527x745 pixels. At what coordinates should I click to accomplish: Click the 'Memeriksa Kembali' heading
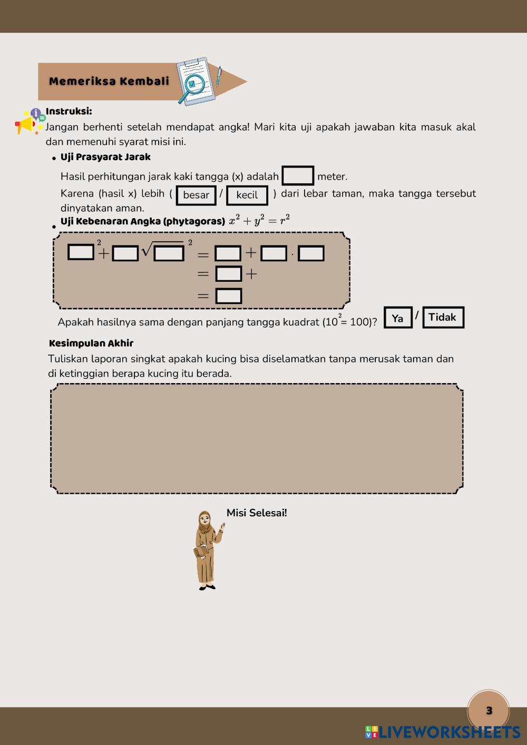click(109, 81)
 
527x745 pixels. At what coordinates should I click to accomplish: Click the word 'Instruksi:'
click(69, 111)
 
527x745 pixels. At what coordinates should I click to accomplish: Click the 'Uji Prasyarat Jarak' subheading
click(105, 157)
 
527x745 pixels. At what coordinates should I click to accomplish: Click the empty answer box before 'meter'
click(298, 176)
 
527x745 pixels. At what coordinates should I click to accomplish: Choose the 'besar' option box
click(196, 195)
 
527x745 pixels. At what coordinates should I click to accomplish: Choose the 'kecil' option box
click(247, 195)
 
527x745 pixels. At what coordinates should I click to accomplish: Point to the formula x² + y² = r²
click(259, 221)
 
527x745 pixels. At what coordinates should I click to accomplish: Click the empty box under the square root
click(169, 253)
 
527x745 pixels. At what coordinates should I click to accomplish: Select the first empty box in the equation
click(81, 252)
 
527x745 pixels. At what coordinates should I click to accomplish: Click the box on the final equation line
click(229, 296)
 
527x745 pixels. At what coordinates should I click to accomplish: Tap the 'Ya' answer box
click(398, 318)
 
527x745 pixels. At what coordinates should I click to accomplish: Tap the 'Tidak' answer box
click(443, 317)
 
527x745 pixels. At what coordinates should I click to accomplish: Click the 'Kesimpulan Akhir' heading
click(91, 344)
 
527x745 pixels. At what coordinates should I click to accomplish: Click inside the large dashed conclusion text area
click(257, 438)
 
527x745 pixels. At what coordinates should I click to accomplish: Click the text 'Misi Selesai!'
click(257, 513)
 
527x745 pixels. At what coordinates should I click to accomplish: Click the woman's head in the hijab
click(204, 519)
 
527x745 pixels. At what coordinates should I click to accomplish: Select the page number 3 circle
click(489, 710)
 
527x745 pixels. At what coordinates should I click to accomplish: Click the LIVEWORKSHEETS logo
click(443, 732)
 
